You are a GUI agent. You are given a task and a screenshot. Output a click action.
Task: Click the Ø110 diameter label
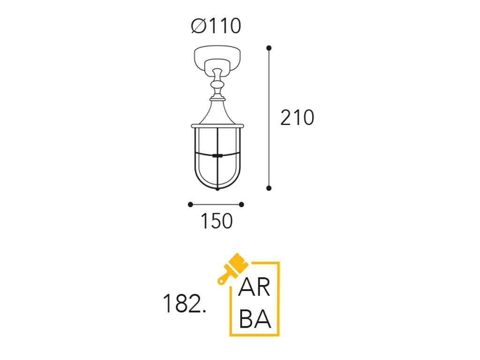point(216,26)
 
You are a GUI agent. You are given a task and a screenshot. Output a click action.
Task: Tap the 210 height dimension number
point(297,118)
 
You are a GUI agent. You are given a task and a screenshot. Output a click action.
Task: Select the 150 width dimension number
point(217,221)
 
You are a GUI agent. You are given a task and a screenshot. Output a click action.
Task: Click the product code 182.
point(184,304)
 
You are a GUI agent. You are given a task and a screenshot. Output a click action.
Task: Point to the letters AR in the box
point(255,287)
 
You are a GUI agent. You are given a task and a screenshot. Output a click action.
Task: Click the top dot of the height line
point(269,48)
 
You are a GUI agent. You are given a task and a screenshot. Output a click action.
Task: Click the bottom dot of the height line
point(269,188)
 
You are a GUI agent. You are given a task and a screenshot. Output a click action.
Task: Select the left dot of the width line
point(190,204)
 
